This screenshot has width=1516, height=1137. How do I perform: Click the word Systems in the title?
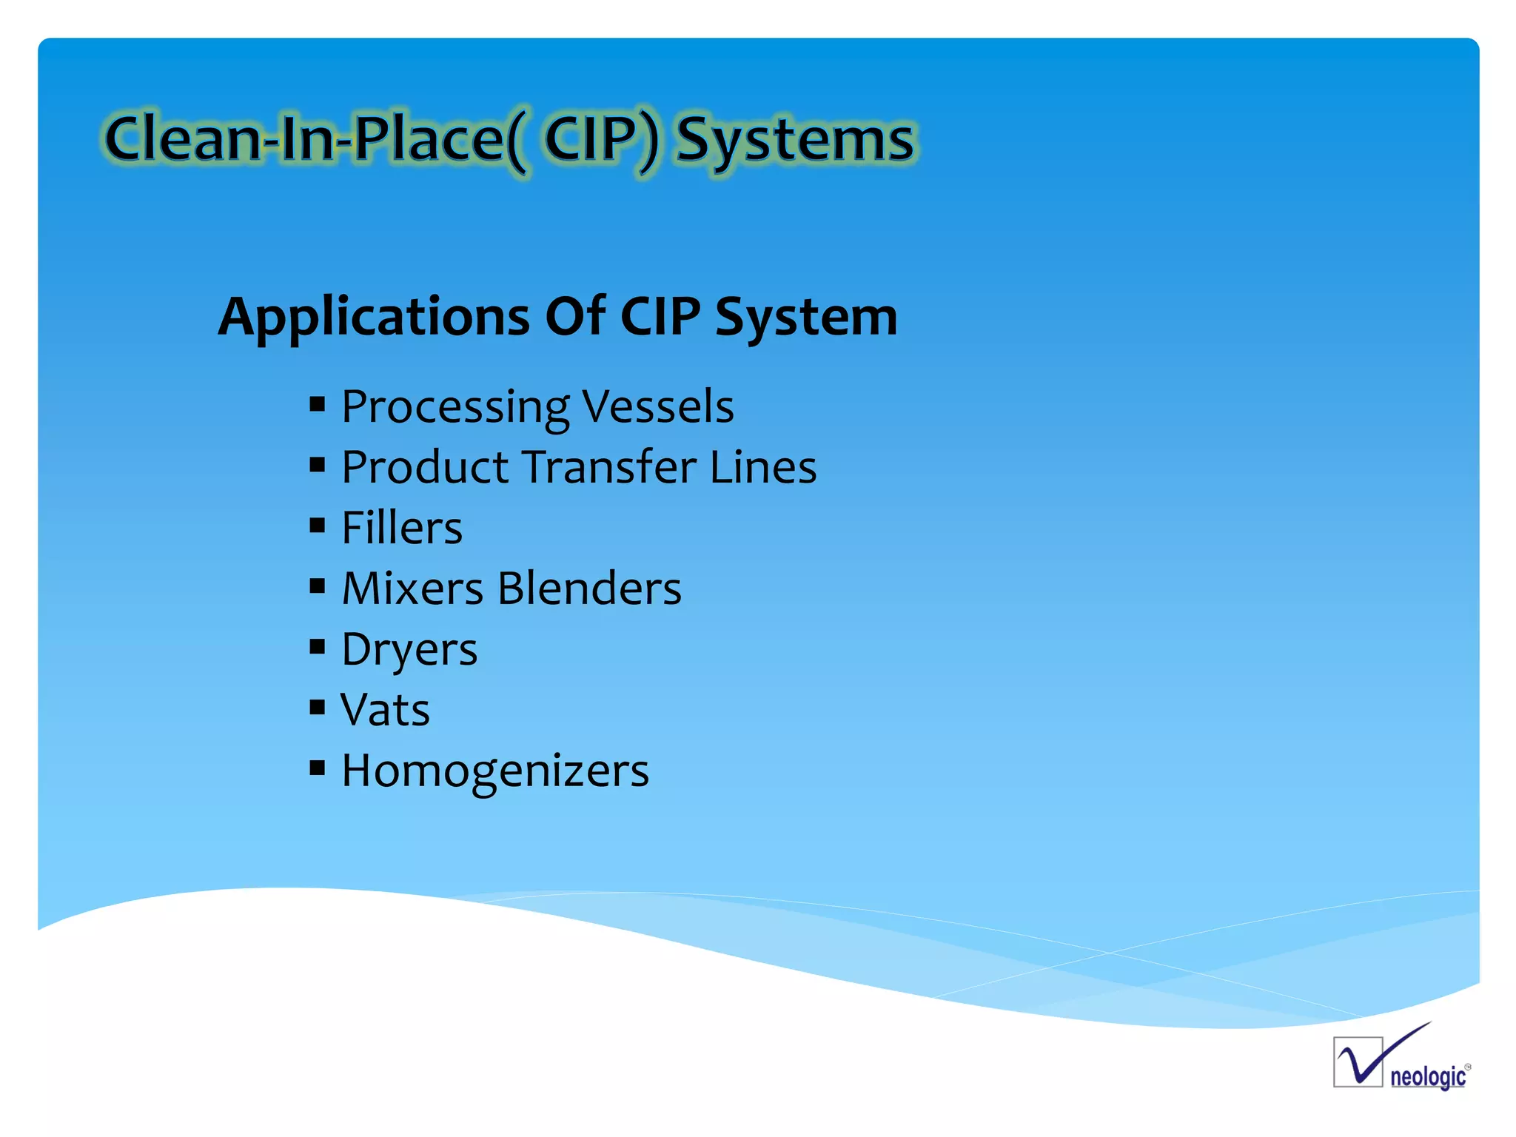pos(796,141)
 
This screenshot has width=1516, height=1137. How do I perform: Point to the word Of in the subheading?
pos(575,317)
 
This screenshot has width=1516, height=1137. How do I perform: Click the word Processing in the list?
pos(455,408)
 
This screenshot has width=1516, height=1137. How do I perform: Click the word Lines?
pos(762,467)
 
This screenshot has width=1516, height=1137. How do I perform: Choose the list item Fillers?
pos(402,528)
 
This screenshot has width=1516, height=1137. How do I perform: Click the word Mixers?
pos(412,588)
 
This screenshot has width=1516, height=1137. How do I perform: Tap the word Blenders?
pos(589,588)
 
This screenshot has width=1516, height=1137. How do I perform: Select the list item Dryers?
pos(409,650)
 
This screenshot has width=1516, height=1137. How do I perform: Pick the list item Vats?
pos(385,710)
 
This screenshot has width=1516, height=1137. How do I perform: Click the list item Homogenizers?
pos(494,771)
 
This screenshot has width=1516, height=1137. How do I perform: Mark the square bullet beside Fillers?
pos(318,526)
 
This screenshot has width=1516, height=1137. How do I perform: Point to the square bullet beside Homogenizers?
pos(318,768)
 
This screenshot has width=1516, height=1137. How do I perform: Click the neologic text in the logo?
pos(1427,1076)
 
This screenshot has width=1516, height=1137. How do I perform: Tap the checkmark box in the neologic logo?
pos(1358,1062)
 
